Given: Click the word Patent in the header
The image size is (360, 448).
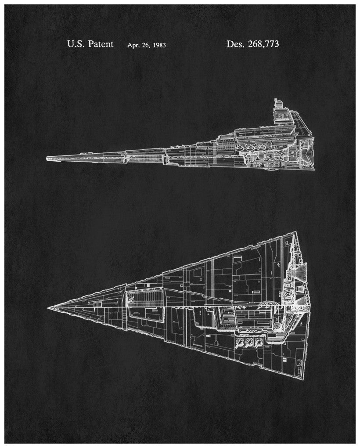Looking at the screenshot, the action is click(x=101, y=44).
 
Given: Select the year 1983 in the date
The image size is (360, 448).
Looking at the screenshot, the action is click(x=159, y=45).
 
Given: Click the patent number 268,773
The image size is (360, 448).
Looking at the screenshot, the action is click(x=263, y=44).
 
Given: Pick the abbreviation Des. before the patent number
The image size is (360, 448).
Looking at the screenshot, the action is click(x=235, y=44).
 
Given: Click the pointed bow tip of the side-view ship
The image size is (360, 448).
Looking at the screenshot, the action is click(x=47, y=157).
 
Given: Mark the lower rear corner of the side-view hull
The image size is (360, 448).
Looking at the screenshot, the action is click(x=314, y=170).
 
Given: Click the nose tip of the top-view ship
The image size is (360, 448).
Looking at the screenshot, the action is click(x=47, y=308).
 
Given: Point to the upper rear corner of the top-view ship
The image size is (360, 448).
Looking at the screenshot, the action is click(x=295, y=232).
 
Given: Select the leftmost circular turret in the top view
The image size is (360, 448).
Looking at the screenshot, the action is click(x=240, y=342).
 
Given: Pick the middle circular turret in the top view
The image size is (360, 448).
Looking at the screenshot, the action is click(x=249, y=342).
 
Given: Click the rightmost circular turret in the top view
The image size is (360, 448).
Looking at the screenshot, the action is click(x=259, y=342).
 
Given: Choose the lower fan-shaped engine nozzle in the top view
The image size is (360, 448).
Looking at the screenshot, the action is click(x=301, y=300).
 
